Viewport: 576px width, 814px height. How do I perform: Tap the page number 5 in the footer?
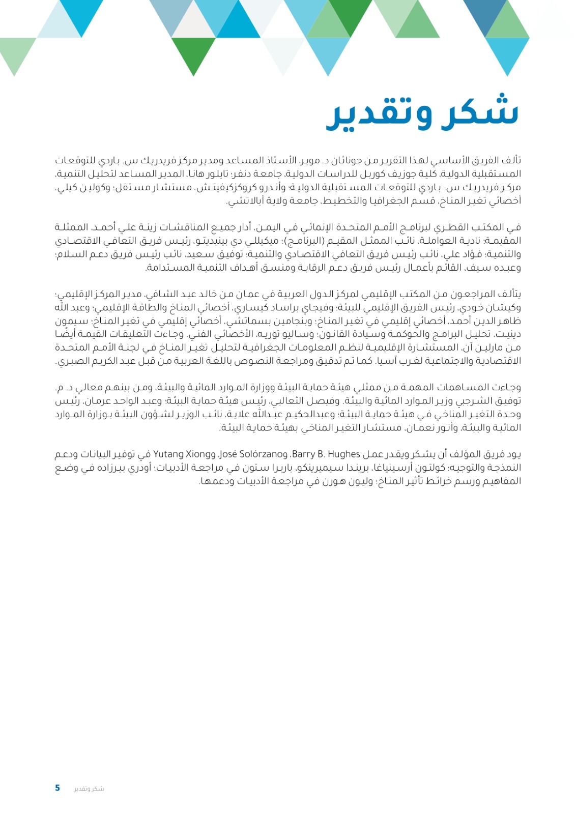point(57,788)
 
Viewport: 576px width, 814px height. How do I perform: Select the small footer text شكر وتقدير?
point(89,789)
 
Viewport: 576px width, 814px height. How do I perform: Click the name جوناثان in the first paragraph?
point(348,161)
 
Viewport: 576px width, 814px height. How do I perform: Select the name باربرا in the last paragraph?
point(281,468)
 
